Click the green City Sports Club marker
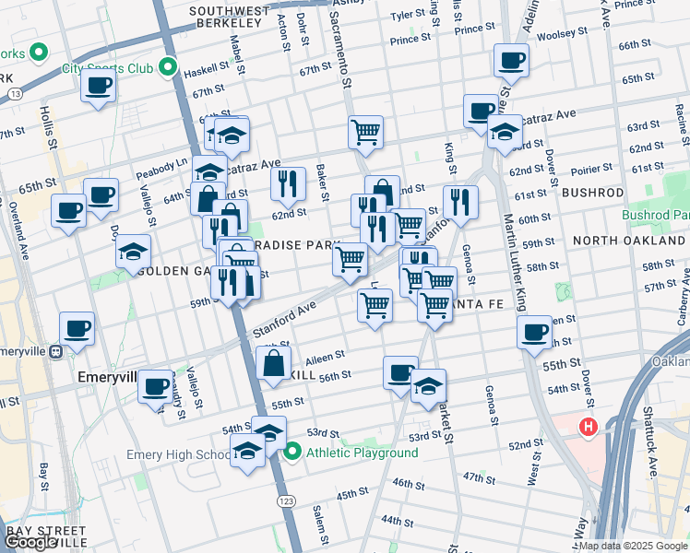pos(167,67)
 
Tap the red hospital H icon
pos(587,428)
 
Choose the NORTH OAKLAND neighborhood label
pos(628,241)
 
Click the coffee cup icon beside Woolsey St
pos(511,60)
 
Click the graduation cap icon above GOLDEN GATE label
pos(134,250)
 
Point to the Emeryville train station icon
pos(56,350)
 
